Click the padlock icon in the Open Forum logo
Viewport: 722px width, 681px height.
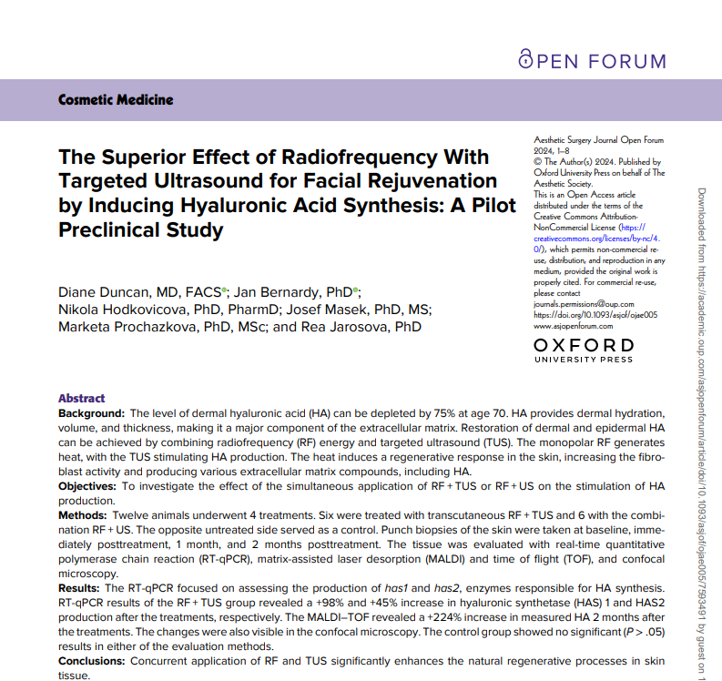[x=525, y=59]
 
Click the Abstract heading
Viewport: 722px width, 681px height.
[x=81, y=398]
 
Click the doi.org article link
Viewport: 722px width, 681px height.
[x=594, y=315]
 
